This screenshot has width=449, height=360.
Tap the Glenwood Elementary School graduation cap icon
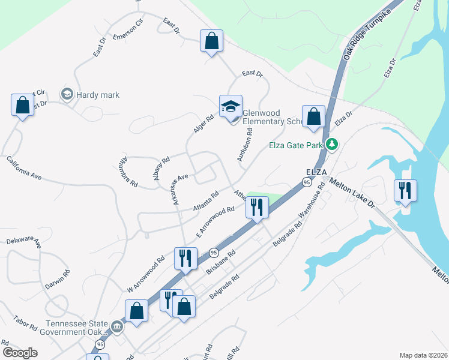tap(231, 106)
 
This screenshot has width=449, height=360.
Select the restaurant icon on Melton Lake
tap(405, 191)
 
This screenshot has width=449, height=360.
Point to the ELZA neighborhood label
tap(316, 171)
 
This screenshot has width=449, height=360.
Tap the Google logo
tap(20, 353)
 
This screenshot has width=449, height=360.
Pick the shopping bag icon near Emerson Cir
tap(211, 41)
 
